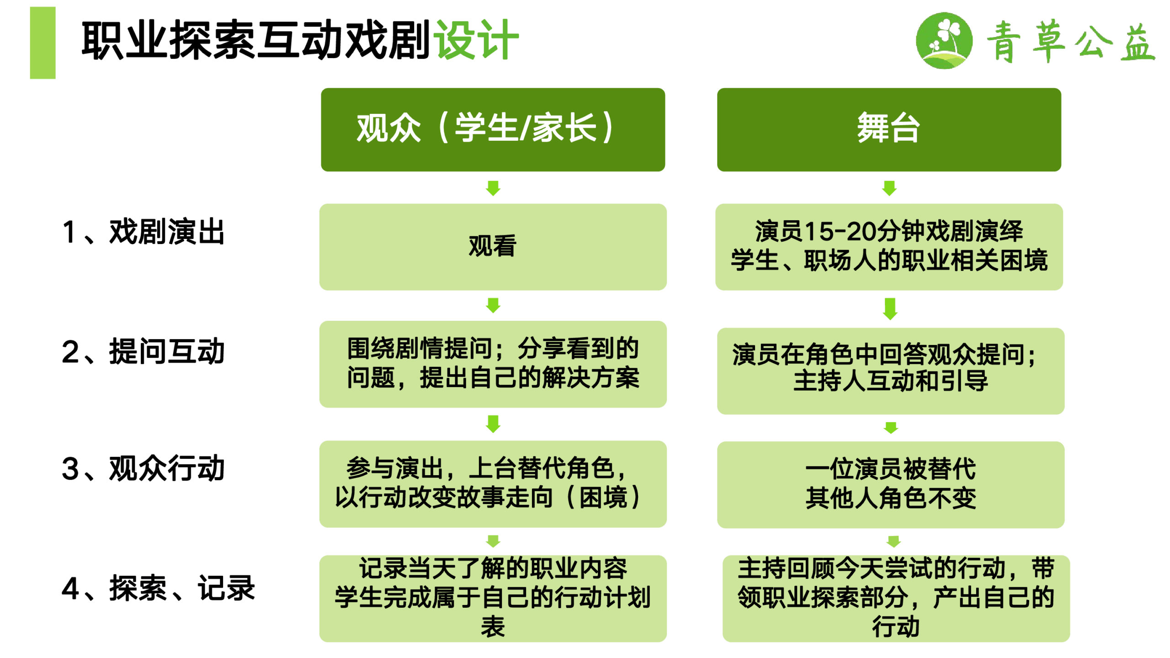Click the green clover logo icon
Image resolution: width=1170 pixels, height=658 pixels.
click(944, 40)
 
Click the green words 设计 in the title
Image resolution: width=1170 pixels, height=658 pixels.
click(476, 40)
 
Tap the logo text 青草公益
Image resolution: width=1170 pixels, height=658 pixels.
click(1071, 41)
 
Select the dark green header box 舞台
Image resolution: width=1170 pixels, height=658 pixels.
click(889, 130)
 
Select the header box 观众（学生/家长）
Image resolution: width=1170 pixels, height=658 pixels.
click(493, 130)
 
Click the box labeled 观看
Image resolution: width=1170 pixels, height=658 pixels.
click(493, 247)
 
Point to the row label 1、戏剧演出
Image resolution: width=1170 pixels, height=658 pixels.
click(143, 232)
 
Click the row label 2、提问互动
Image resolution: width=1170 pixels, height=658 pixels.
click(143, 351)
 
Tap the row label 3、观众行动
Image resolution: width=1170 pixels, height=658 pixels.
click(143, 468)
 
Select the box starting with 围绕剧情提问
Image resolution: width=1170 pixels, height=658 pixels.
click(493, 364)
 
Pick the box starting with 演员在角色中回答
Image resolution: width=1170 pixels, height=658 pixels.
click(890, 371)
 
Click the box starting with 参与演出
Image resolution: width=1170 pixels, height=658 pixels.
click(493, 484)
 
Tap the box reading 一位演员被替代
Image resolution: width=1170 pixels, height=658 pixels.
click(890, 485)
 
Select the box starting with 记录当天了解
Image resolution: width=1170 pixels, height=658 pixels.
click(493, 599)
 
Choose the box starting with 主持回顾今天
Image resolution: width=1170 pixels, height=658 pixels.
click(896, 599)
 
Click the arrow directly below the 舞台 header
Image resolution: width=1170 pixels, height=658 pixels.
click(889, 188)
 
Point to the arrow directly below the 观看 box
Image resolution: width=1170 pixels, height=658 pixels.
click(493, 305)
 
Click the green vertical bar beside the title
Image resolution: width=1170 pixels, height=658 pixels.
click(43, 42)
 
